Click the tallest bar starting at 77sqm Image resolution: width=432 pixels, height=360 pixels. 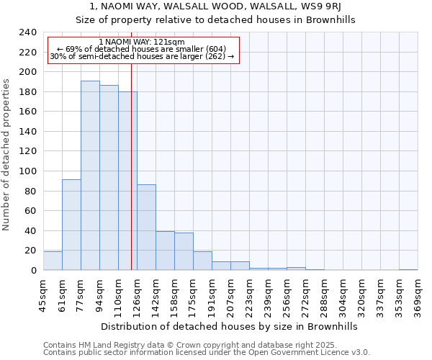pos(90,176)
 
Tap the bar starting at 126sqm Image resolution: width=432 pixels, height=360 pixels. pos(146,228)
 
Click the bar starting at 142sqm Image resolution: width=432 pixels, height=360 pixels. pos(165,251)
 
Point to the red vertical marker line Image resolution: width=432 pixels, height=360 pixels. pos(131,166)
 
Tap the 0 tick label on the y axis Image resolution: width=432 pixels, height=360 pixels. pos(33,271)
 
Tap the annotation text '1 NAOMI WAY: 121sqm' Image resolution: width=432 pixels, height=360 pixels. pos(142,42)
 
